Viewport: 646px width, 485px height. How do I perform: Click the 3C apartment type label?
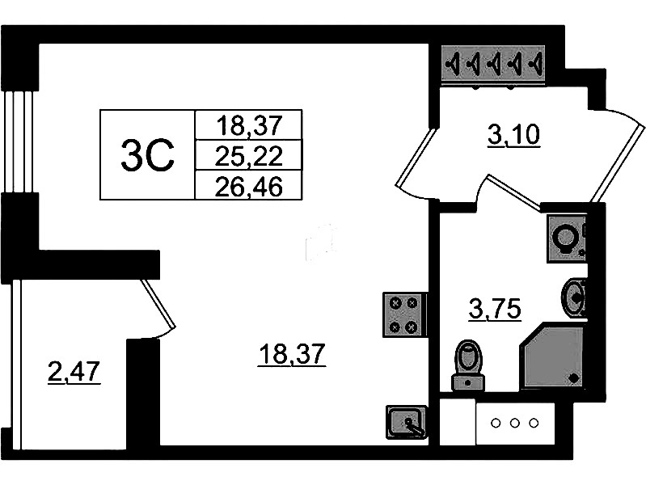click(x=147, y=154)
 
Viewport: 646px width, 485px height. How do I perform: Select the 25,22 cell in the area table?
click(x=248, y=154)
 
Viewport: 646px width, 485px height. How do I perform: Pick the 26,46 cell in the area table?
click(x=248, y=185)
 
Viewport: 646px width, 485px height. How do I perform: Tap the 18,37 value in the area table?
click(x=248, y=124)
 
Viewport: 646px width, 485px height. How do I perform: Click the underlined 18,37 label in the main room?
click(x=291, y=353)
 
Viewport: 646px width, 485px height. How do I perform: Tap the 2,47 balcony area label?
click(x=74, y=373)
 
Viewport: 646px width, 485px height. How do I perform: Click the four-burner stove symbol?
click(x=403, y=314)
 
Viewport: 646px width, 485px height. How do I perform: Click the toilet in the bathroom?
click(x=467, y=363)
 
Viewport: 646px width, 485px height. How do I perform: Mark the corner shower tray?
click(x=555, y=356)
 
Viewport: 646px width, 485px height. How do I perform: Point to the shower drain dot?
click(x=573, y=377)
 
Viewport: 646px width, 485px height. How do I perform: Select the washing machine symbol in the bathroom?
click(x=566, y=238)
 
